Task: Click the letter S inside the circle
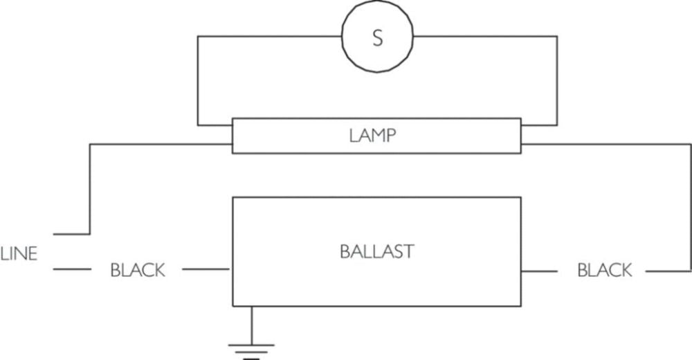tap(377, 38)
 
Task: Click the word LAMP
tap(372, 136)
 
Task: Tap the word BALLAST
tap(376, 251)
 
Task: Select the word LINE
tap(19, 255)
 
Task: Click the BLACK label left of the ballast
tap(138, 270)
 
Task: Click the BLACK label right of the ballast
tap(604, 270)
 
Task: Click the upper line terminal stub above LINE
tap(69, 234)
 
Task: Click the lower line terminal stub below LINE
tap(69, 270)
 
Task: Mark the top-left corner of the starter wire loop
tap(198, 37)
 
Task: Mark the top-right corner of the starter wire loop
tap(557, 37)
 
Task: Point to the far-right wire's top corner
tap(690, 145)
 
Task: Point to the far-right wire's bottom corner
tap(690, 271)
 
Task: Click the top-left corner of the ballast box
tap(233, 197)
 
